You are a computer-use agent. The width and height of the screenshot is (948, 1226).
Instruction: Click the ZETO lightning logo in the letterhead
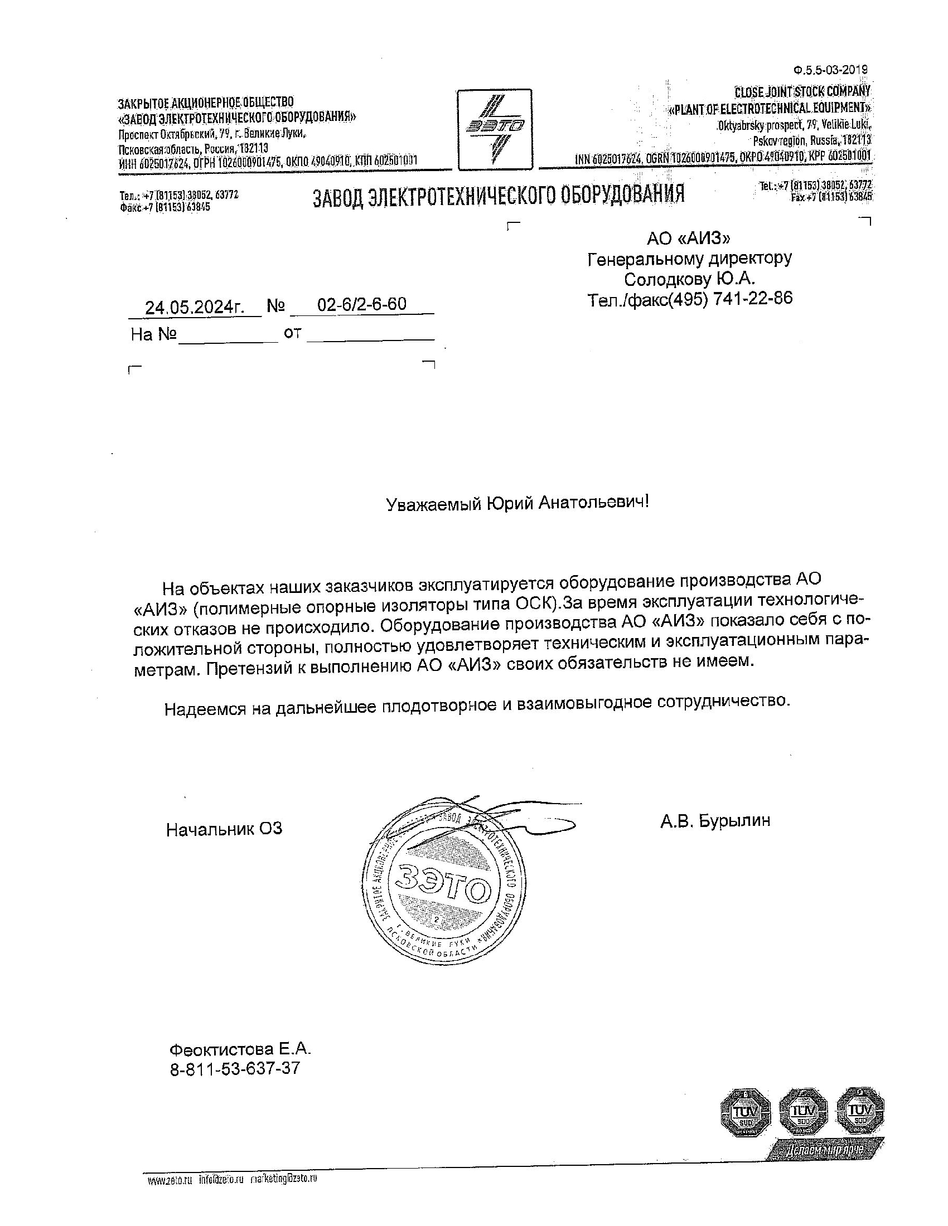494,129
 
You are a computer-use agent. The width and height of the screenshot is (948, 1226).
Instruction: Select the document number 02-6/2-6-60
362,304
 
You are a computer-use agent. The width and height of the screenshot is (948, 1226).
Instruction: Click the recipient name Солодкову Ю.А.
690,279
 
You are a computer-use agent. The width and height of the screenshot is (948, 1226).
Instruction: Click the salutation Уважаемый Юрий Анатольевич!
517,503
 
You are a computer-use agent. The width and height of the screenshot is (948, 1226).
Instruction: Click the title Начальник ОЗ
224,829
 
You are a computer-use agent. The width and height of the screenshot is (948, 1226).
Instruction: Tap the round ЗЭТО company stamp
444,889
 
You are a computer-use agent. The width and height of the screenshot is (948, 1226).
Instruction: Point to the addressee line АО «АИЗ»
689,239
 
